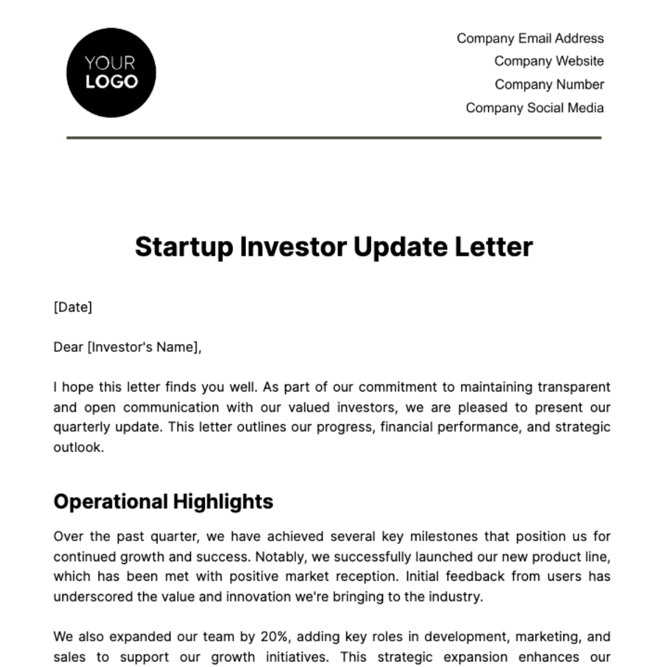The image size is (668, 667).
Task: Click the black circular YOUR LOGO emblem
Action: click(111, 73)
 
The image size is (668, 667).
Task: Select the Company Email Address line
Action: click(530, 38)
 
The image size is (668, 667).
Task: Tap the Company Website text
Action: click(549, 61)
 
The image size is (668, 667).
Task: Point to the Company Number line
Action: click(549, 85)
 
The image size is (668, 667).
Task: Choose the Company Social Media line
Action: click(534, 108)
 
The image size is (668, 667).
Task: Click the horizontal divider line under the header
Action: click(334, 138)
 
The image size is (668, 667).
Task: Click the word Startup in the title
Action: click(183, 247)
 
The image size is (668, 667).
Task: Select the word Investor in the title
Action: click(293, 247)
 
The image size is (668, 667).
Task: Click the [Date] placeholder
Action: click(73, 307)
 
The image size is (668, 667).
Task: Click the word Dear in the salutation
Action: click(68, 347)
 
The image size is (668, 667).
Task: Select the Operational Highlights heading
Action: click(163, 502)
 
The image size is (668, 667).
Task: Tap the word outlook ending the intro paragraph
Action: click(78, 447)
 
